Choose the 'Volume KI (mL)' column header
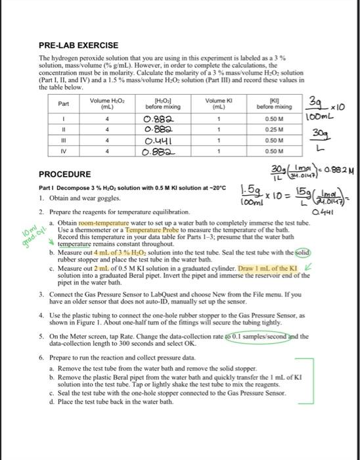tap(215, 103)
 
